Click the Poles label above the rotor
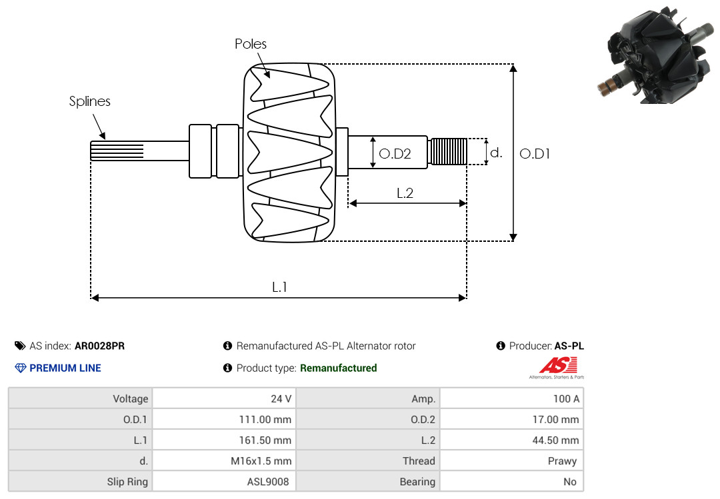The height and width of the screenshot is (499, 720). coord(250,44)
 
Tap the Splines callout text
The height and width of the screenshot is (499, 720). coord(89,101)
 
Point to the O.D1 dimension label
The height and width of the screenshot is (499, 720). coord(535,154)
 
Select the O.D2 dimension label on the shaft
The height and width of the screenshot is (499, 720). coord(395,154)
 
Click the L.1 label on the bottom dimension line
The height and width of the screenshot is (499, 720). coord(279,287)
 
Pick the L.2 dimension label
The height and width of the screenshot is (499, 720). coord(405,193)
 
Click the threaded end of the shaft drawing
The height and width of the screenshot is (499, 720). coord(447,151)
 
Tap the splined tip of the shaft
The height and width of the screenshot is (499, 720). coord(117,151)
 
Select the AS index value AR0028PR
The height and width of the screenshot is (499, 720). coord(99,346)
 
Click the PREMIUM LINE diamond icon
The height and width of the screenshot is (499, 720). coord(21,368)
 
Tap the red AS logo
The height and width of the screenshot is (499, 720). coord(557,366)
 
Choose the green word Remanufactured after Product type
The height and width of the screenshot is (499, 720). coord(339,368)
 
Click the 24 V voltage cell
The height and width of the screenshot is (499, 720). coord(224,398)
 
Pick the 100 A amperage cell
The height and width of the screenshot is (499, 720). coord(511,398)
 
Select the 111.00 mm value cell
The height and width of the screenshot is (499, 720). coord(224,419)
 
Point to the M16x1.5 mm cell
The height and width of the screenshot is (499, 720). coord(224,460)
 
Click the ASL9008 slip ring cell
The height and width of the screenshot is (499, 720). coord(224,481)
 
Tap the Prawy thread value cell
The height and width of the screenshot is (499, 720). coord(511,460)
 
